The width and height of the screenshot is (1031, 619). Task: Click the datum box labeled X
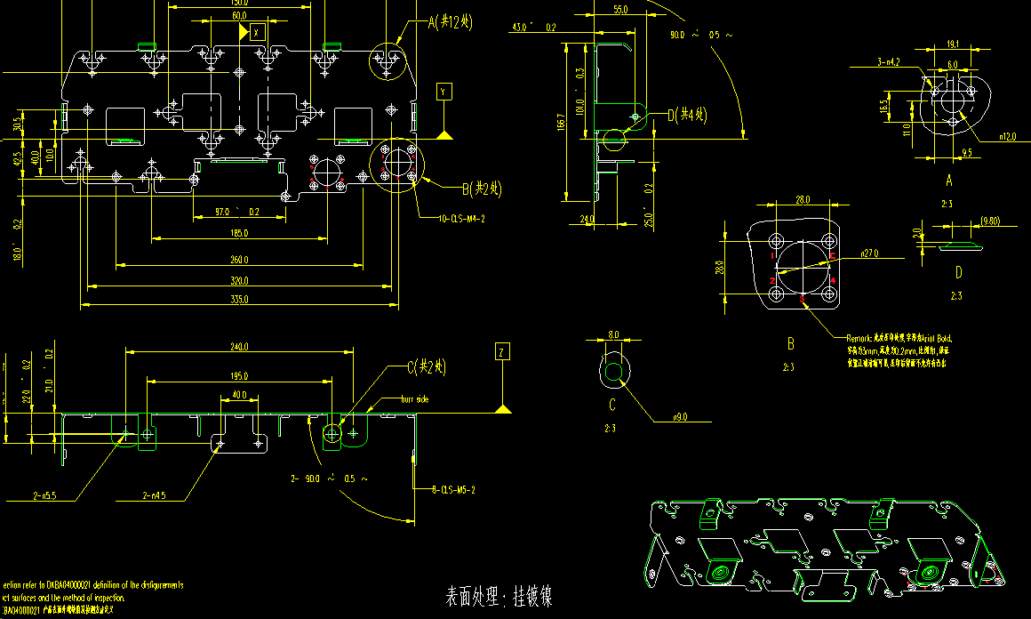click(257, 31)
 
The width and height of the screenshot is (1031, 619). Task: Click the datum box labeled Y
click(444, 91)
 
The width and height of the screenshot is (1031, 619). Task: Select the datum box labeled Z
click(502, 353)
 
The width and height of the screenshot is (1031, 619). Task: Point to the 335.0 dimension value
click(239, 300)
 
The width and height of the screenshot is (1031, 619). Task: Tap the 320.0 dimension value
click(239, 281)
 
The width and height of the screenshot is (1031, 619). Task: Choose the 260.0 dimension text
click(239, 260)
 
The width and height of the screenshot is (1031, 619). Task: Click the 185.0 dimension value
click(239, 233)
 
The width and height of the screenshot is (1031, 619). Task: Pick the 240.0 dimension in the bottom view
click(239, 346)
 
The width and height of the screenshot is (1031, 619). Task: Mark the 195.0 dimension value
click(239, 376)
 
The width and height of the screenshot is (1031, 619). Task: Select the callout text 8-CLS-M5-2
click(453, 490)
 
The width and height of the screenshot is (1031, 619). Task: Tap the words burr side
click(415, 399)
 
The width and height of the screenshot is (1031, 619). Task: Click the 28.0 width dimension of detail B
click(803, 199)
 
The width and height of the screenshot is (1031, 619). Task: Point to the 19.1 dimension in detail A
click(952, 44)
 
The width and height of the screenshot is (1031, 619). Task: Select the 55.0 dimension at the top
click(620, 10)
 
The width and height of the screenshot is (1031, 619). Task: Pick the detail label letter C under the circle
click(612, 406)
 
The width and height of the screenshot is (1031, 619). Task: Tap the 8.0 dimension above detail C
click(613, 335)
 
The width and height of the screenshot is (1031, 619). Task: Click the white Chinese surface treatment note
click(499, 597)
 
